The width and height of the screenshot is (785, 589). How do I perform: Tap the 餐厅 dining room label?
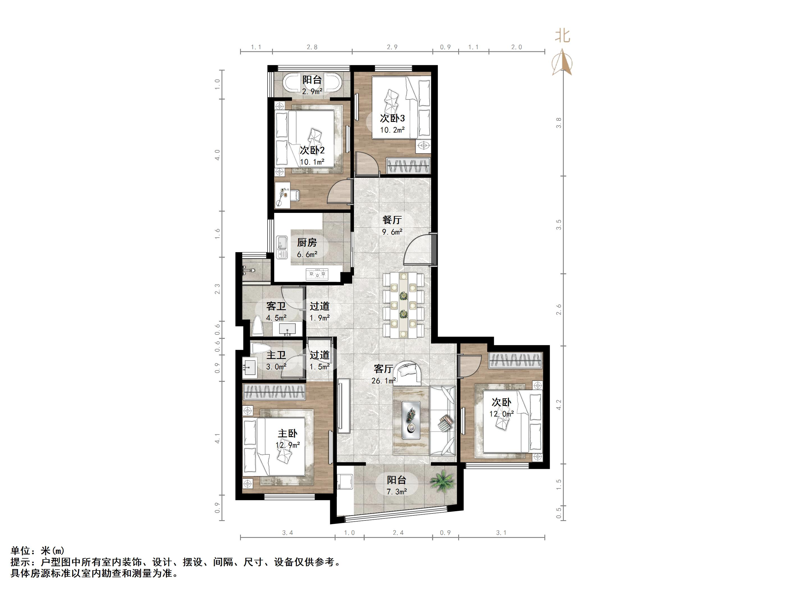392,220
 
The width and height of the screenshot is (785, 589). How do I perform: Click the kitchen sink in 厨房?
282,247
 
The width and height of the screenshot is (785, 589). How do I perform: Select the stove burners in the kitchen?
317,274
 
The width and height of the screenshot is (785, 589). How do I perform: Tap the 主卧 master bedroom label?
287,433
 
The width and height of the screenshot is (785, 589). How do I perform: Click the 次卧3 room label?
392,118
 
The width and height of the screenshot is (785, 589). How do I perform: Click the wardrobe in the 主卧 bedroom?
274,392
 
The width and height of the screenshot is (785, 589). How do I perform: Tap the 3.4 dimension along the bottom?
287,533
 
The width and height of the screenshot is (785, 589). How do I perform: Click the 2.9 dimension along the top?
392,47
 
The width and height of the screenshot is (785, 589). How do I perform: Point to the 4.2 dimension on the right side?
559,404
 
